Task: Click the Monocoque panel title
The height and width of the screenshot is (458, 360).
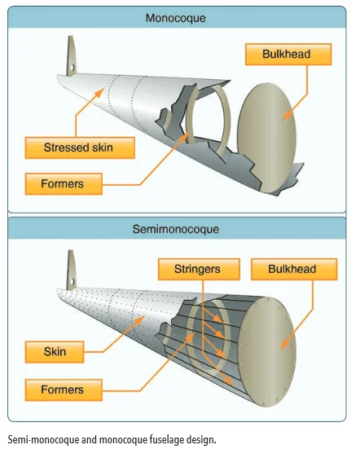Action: [x=175, y=18]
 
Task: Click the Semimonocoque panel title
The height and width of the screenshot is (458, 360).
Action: [x=175, y=229]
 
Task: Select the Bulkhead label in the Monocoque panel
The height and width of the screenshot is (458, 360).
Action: [x=288, y=55]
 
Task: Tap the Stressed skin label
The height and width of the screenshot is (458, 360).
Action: [x=80, y=148]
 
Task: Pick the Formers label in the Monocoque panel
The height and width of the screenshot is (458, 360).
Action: [x=64, y=184]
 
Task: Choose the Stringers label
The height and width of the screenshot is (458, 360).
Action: [x=199, y=269]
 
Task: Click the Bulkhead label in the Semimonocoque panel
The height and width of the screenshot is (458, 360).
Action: [x=294, y=269]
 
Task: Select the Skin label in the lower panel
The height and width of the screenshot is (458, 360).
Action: [x=55, y=352]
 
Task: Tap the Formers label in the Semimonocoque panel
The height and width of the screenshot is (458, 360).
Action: [x=64, y=390]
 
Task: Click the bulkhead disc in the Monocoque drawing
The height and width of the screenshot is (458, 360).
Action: [x=266, y=137]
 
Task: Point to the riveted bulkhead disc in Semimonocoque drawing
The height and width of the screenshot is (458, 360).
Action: [x=266, y=352]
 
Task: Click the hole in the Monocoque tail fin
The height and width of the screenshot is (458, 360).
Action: [x=72, y=68]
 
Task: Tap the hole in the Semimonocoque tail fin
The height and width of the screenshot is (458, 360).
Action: [x=72, y=282]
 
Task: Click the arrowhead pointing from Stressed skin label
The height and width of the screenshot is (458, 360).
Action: [x=99, y=93]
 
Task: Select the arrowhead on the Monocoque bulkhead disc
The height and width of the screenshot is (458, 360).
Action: [x=288, y=116]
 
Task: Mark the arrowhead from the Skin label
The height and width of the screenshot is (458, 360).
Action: [x=140, y=319]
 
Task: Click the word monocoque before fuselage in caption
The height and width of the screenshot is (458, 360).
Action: [x=123, y=440]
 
